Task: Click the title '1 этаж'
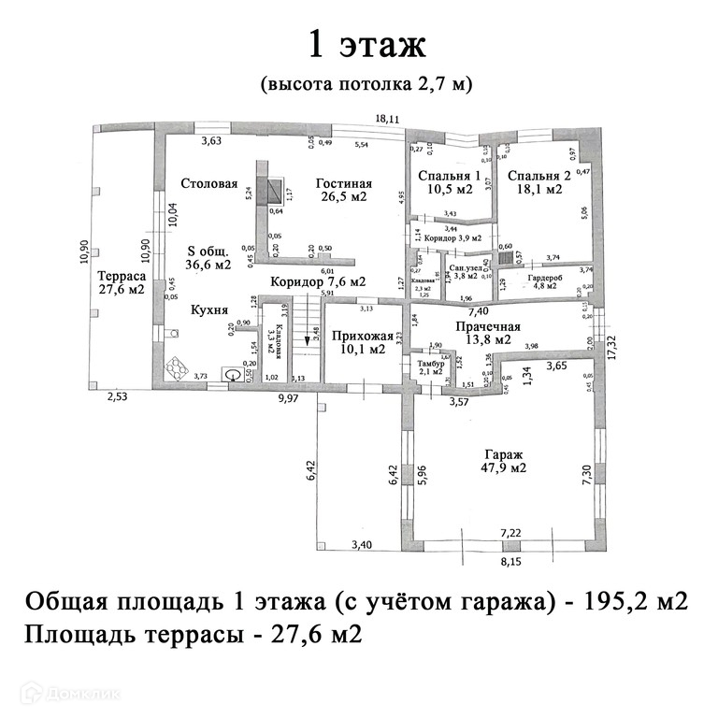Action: point(366,44)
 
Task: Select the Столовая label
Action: point(209,183)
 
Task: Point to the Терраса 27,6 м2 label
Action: point(120,282)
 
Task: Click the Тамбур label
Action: point(430,364)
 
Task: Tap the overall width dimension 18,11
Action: point(387,119)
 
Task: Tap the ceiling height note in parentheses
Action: point(366,84)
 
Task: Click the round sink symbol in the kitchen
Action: point(230,375)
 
